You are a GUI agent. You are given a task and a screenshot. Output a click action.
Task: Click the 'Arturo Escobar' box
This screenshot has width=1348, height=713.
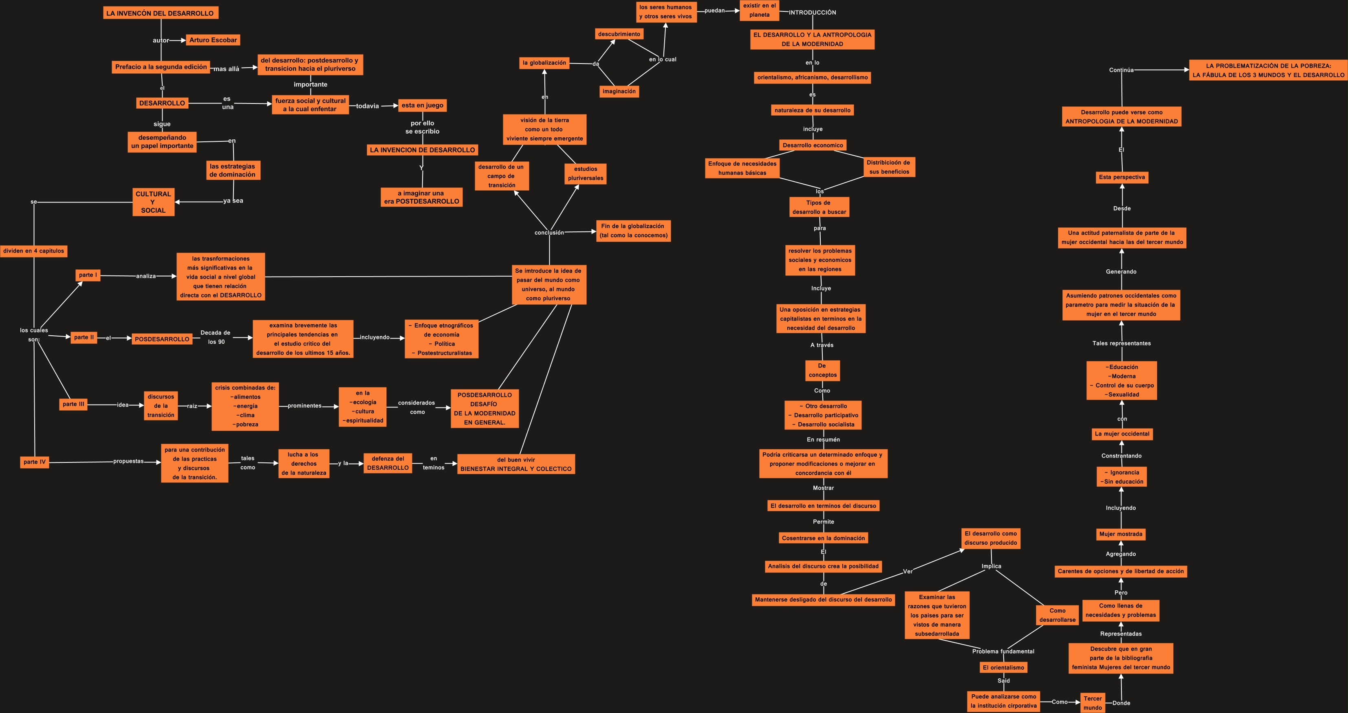213,40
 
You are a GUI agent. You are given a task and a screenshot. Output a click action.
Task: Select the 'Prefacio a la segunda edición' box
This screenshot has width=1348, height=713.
161,67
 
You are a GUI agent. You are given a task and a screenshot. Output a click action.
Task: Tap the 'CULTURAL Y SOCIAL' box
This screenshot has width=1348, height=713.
153,202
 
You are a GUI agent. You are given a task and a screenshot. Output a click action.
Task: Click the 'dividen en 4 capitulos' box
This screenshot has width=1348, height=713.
33,251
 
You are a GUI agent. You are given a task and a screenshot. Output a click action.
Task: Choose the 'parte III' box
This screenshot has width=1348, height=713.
73,404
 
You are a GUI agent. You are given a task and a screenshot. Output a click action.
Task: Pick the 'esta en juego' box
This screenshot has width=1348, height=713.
422,105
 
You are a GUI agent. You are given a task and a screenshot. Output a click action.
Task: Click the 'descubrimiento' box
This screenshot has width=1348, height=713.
619,34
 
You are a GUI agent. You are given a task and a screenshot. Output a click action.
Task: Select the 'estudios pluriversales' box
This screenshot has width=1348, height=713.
586,174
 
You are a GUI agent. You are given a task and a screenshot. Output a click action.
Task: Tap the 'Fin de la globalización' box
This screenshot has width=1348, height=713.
633,231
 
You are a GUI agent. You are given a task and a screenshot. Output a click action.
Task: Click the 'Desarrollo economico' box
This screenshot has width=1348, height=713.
813,145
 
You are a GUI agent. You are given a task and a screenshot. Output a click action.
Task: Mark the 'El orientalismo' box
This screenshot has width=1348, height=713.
1003,667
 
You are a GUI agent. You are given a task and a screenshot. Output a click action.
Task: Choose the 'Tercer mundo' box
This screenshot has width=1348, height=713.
1092,703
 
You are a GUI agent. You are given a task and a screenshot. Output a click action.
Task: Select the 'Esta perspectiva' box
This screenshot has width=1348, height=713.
1122,177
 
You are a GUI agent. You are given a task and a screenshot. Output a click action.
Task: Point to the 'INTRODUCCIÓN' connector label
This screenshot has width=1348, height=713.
812,13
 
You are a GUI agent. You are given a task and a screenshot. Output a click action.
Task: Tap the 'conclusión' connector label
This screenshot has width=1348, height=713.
549,233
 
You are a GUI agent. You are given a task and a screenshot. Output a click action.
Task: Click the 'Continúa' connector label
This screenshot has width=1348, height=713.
1121,70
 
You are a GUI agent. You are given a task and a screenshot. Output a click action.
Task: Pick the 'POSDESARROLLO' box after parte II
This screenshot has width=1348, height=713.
162,339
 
